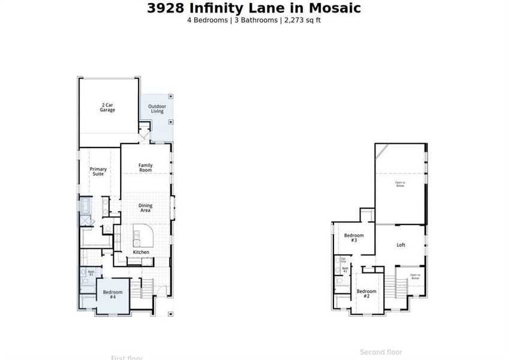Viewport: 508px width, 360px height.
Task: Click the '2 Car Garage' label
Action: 107,108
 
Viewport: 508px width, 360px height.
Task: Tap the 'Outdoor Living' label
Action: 157,109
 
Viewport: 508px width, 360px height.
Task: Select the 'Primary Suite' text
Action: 98,172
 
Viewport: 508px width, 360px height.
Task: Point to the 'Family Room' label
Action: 146,168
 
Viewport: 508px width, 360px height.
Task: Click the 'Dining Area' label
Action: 145,208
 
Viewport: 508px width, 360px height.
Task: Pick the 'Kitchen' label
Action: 141,252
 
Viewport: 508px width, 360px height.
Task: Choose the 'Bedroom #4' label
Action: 113,294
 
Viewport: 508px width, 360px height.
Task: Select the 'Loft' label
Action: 401,245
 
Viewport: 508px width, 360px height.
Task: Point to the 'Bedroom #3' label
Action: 354,238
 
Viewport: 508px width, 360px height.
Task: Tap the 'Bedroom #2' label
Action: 367,294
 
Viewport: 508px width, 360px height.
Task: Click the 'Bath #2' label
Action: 345,270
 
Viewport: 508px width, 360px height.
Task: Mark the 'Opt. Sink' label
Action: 343,260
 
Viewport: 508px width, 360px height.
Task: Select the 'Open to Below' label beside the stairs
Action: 415,277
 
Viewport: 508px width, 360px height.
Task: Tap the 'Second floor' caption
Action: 381,352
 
